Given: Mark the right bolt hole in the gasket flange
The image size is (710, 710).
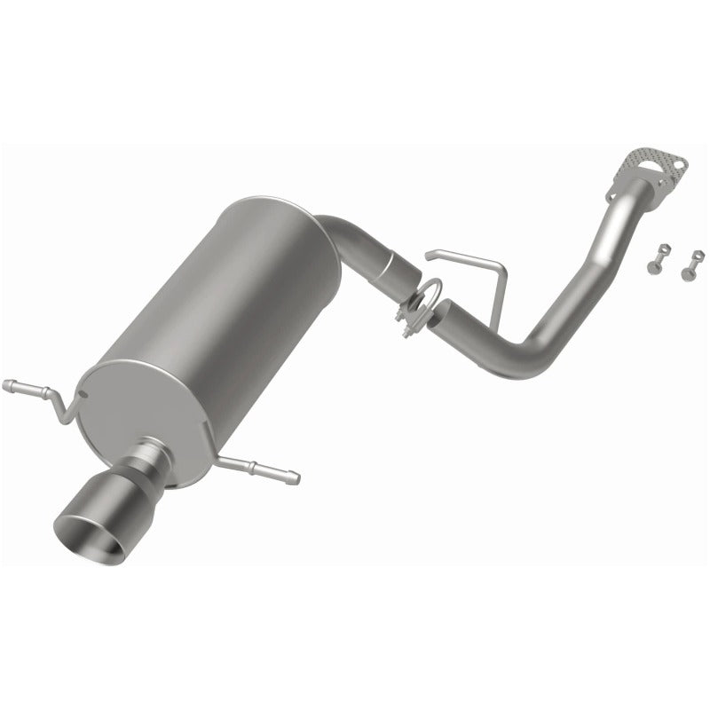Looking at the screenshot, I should (679, 164).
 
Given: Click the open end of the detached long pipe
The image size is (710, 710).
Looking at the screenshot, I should (441, 312).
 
